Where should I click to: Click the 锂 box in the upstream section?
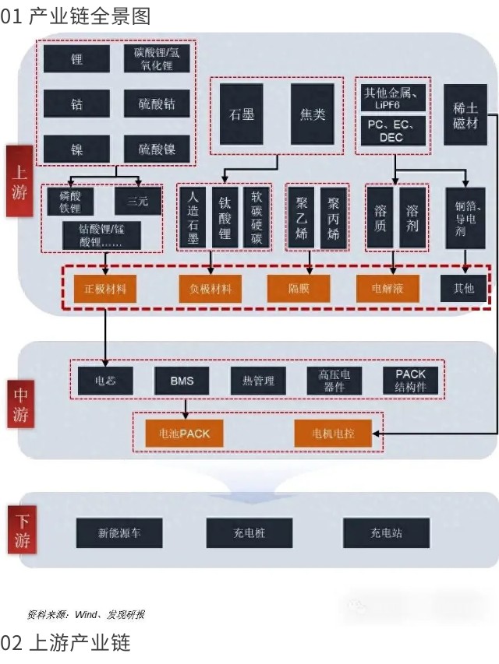pos(76,58)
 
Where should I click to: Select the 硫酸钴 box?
pos(157,104)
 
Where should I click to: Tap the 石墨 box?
pos(242,114)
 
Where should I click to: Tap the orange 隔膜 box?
pos(299,289)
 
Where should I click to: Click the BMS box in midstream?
pos(182,381)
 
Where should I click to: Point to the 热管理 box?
pos(258,381)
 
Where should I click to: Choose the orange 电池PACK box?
pos(184,433)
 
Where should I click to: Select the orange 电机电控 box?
pos(333,433)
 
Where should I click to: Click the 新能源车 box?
pos(119,534)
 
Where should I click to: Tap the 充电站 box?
pos(386,534)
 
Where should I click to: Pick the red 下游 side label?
pos(19,532)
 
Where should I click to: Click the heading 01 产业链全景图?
pos(76,15)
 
